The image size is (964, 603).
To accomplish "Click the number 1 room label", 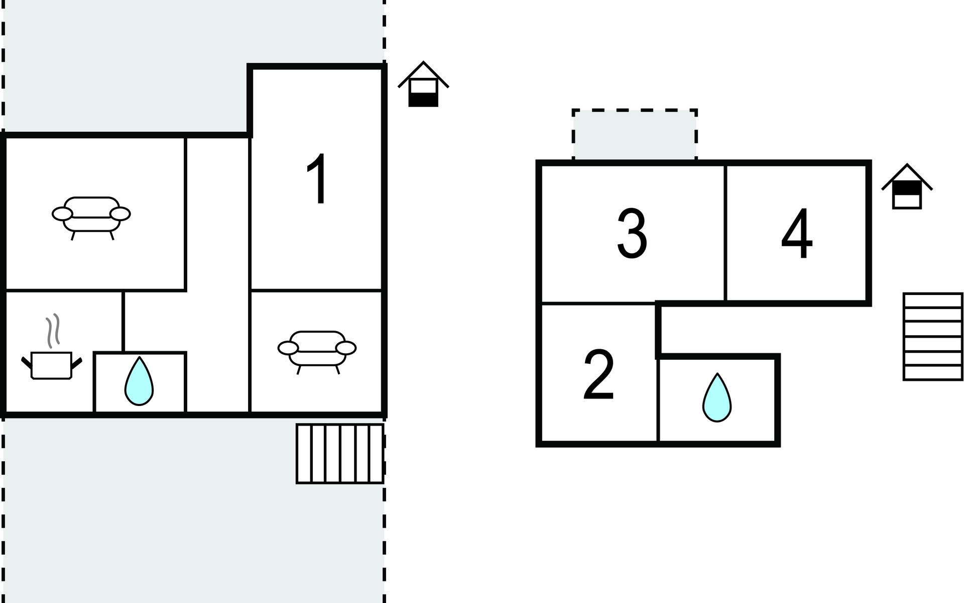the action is click(318, 179).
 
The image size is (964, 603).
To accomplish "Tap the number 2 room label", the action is click(598, 374).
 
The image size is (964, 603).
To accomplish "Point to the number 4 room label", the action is click(797, 233).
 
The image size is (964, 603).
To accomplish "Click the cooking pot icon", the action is click(52, 365).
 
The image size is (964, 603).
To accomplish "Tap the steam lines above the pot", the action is click(53, 331).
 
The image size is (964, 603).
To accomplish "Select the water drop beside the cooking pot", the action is click(139, 381).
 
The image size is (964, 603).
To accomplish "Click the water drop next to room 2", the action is click(717, 397).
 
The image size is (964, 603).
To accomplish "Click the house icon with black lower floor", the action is click(423, 84).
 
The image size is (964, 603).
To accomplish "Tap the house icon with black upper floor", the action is click(907, 186).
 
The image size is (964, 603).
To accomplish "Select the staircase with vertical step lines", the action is click(340, 454).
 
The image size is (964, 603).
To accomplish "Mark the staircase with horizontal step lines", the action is click(933, 337).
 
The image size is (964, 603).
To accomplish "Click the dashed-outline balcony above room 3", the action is click(635, 134).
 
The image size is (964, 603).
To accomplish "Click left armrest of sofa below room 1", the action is click(288, 348).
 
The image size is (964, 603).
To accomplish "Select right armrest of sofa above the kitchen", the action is click(120, 214).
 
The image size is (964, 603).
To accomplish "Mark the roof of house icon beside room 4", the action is click(907, 176).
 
